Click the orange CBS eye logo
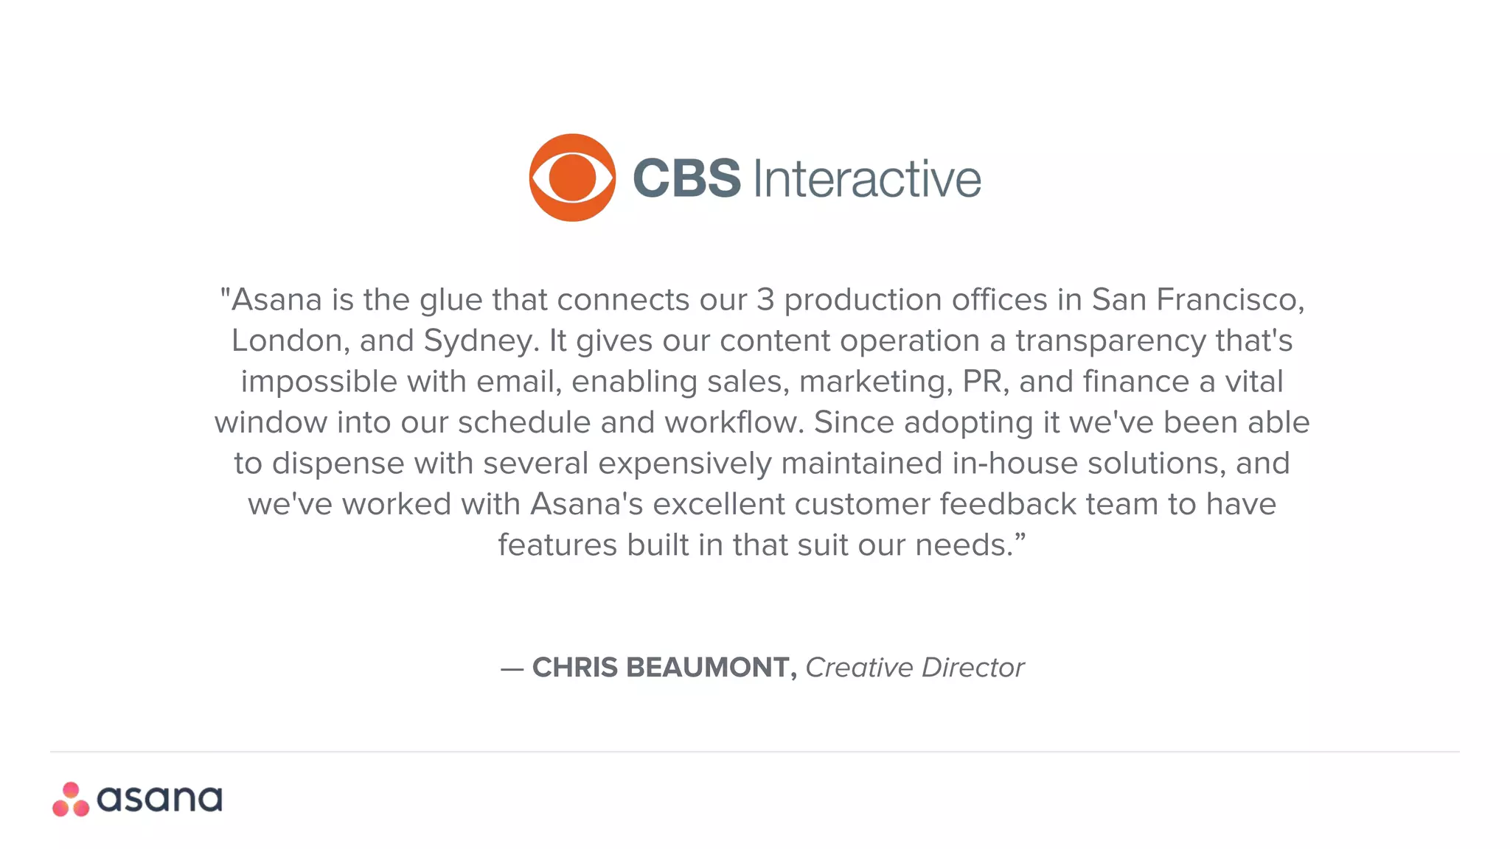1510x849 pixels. [572, 178]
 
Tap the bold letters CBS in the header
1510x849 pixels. [686, 178]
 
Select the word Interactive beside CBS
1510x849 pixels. [867, 179]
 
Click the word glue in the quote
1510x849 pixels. [451, 300]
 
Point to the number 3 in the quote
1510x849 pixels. [765, 300]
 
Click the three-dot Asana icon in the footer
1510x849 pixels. [71, 800]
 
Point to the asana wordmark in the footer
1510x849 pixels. [159, 800]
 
